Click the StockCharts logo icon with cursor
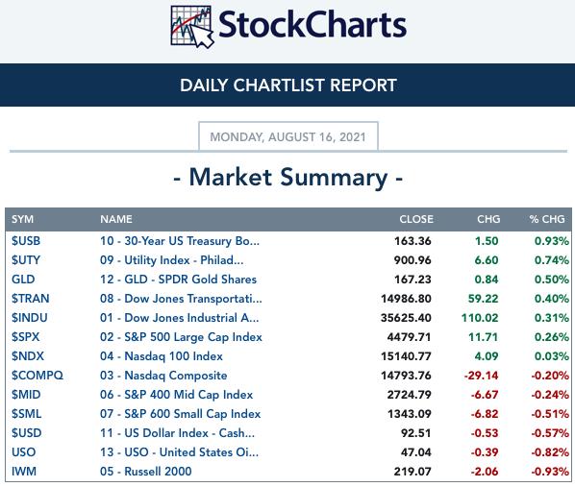point(192,27)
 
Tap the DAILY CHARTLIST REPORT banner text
point(288,85)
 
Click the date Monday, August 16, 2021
point(287,137)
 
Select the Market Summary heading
point(288,178)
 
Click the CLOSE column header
point(416,219)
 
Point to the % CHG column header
point(546,219)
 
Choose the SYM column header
point(22,219)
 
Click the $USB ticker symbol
point(26,241)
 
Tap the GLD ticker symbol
point(23,280)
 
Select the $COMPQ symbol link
point(37,376)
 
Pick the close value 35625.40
point(406,318)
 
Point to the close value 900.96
point(412,260)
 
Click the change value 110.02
point(480,318)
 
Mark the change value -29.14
point(481,376)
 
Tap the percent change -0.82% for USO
point(550,452)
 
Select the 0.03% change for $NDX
point(552,356)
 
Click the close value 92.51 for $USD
point(415,433)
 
